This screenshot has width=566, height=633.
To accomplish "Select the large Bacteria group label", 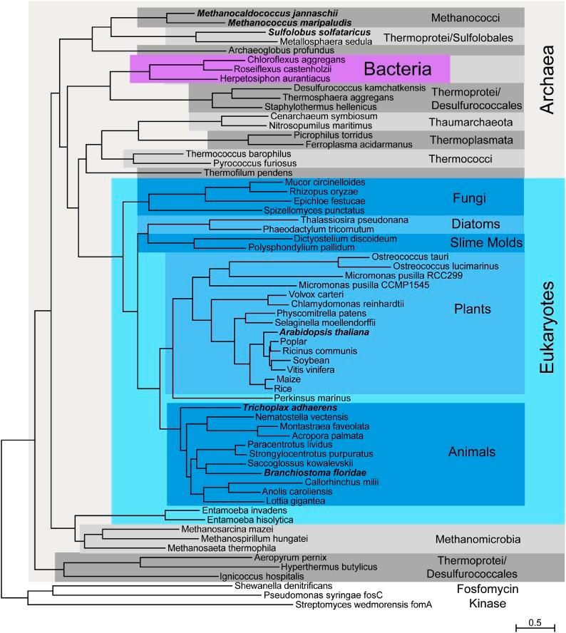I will (398, 69).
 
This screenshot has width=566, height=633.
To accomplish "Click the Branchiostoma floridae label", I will (306, 472).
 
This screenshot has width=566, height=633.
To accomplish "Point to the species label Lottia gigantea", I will (283, 501).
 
